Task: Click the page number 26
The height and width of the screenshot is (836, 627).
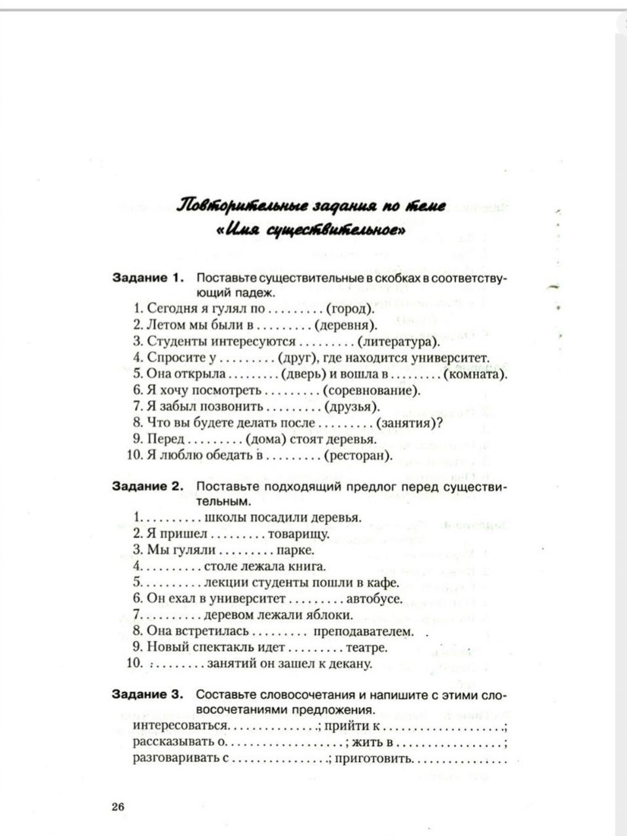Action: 118,807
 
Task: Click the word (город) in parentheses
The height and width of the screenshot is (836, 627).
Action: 350,308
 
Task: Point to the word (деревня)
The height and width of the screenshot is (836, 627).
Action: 345,325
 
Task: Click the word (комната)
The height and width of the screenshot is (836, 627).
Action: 476,374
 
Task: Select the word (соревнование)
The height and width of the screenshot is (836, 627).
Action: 371,390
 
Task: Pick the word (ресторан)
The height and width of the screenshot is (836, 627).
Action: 358,456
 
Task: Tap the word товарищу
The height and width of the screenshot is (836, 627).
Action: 299,534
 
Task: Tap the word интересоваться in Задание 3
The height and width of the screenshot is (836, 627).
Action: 181,726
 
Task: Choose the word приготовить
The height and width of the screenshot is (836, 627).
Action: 374,759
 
